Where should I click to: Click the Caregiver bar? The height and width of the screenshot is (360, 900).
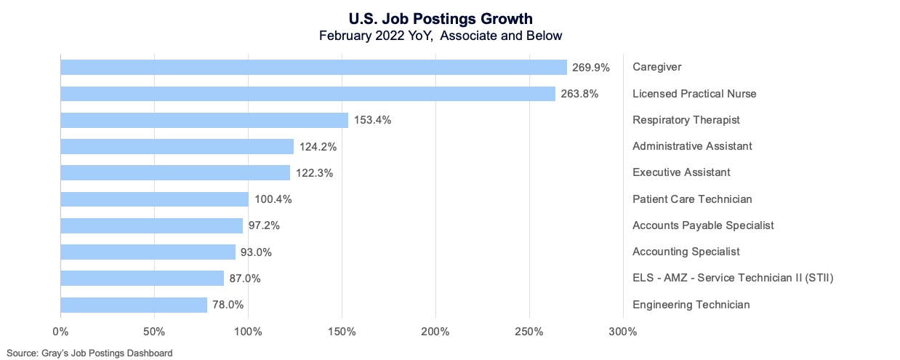[313, 68]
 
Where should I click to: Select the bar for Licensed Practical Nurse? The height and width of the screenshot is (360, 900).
[308, 94]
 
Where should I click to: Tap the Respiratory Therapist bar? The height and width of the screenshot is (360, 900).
[204, 120]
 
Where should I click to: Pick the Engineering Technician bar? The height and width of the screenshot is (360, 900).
[134, 305]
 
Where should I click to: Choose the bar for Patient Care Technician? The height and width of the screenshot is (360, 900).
[154, 199]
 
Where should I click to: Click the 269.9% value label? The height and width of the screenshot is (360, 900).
[591, 68]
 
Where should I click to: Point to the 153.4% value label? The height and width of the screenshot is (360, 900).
[373, 120]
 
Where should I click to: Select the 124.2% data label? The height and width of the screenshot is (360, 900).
[318, 147]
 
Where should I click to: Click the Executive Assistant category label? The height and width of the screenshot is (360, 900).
[681, 172]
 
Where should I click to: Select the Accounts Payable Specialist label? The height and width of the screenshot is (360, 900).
[703, 225]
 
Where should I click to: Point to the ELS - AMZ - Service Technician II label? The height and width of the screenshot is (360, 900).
[733, 278]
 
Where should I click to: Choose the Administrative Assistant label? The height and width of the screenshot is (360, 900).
[692, 146]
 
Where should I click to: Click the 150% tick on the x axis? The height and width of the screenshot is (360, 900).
[342, 332]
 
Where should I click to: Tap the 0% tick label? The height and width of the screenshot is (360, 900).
[60, 332]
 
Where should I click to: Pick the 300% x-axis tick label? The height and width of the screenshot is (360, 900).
[622, 332]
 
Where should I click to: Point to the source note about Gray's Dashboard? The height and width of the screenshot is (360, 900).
[90, 353]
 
